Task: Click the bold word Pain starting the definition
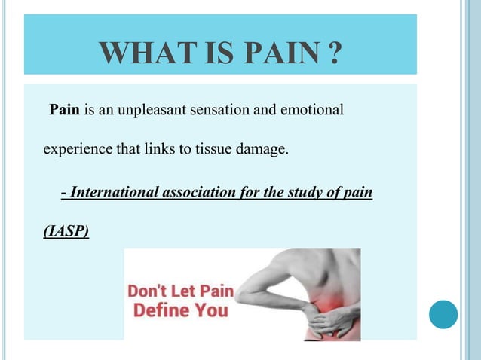[x=65, y=111]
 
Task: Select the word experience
[x=77, y=149]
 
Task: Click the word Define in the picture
[x=161, y=310]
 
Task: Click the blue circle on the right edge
[x=443, y=314]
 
